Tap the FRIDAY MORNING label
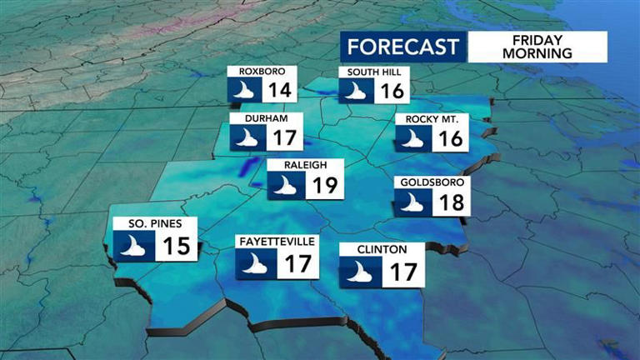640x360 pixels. [x=537, y=46]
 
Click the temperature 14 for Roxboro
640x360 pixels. [x=280, y=90]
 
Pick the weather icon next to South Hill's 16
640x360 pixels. [x=357, y=90]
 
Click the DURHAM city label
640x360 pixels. [x=260, y=119]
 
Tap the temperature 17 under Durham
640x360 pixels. [x=282, y=138]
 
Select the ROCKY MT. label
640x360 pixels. [x=432, y=119]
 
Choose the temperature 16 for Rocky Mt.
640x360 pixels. [x=451, y=138]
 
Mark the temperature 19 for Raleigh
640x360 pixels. [x=322, y=184]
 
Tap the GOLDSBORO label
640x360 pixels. [x=432, y=182]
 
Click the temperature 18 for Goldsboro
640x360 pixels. [x=452, y=202]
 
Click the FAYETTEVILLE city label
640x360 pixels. [x=276, y=242]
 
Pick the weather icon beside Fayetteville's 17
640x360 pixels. [x=251, y=264]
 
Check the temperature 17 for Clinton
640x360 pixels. [x=403, y=271]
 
